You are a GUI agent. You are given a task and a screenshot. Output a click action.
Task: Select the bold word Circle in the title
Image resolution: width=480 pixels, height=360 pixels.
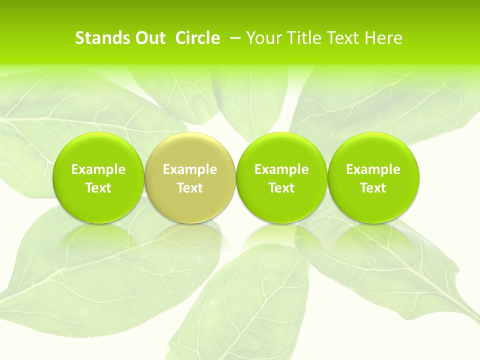point(197,38)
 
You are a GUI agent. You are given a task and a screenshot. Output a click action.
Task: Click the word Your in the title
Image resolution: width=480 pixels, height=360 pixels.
point(263,38)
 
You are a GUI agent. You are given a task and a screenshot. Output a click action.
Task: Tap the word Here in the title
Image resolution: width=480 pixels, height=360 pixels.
point(383,38)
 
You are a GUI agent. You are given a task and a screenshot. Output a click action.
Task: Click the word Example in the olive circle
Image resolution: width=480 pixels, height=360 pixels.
point(190,169)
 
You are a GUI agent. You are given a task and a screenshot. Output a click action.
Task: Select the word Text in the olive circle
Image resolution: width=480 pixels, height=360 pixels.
point(190,188)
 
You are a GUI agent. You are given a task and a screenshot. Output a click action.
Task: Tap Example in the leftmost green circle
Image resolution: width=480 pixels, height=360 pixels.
point(98,169)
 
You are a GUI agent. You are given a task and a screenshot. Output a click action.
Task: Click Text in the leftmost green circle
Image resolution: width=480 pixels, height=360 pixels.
point(98,188)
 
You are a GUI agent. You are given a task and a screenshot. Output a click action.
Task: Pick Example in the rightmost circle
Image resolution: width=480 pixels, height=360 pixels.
point(373,169)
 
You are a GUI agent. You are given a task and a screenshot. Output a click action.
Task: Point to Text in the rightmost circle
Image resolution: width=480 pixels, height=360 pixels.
point(373,188)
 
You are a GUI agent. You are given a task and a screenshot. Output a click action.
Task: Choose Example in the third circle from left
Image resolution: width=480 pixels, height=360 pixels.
point(281,169)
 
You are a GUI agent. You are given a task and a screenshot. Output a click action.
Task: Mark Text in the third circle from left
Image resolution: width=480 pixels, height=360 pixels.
point(281,188)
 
